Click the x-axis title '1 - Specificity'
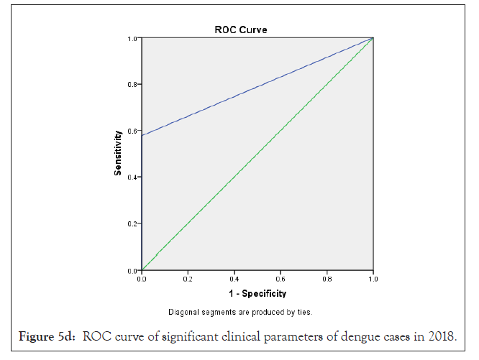click(x=257, y=293)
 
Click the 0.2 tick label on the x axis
click(x=188, y=277)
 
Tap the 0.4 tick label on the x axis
click(x=234, y=277)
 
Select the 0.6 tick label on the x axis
click(x=280, y=277)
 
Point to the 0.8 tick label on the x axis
click(x=327, y=277)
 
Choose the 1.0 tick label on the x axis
click(x=373, y=277)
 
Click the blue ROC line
click(x=257, y=86)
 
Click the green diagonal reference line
click(x=257, y=154)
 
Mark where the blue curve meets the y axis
click(x=142, y=135)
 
